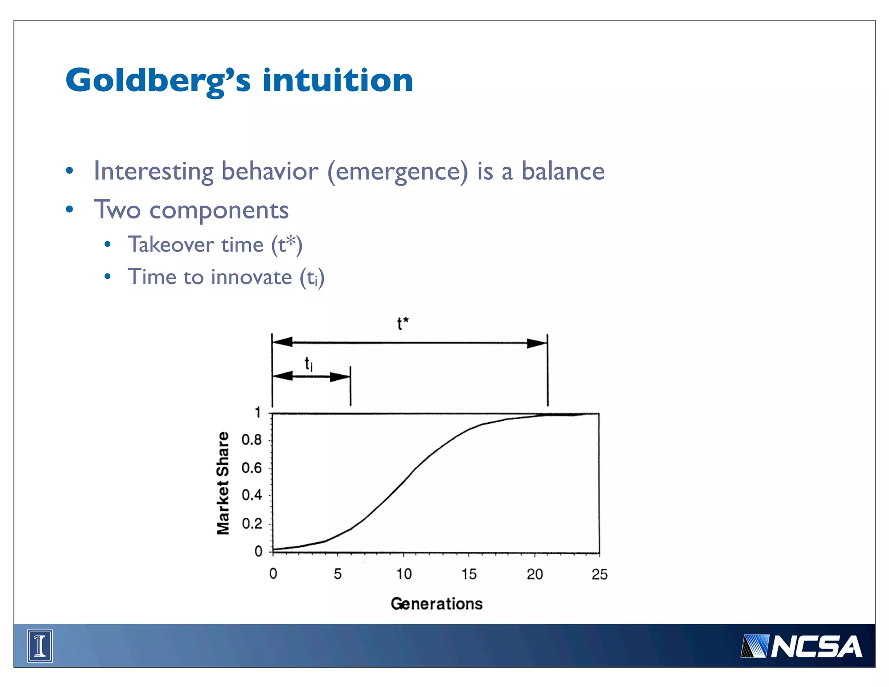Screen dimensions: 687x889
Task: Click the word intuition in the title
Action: click(338, 81)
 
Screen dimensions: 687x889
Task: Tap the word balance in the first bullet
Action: click(563, 171)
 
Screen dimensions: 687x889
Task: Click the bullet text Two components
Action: click(191, 210)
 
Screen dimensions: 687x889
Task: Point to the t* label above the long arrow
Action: click(402, 324)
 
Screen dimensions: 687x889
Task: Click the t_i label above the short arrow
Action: click(308, 364)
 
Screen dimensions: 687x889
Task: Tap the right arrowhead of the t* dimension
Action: click(537, 343)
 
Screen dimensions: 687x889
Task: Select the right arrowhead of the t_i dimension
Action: click(340, 377)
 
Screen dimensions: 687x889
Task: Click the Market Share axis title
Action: click(223, 483)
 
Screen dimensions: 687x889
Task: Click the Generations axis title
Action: click(436, 604)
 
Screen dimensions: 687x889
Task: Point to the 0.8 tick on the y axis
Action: click(252, 440)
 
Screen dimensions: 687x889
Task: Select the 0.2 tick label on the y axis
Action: click(252, 523)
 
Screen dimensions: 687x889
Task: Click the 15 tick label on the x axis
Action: click(469, 574)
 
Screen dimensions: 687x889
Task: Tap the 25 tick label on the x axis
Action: click(599, 574)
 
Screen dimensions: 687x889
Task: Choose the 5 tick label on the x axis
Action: click(338, 574)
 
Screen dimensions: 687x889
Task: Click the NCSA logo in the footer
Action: click(801, 647)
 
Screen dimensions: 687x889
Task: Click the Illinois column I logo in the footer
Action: click(40, 646)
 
